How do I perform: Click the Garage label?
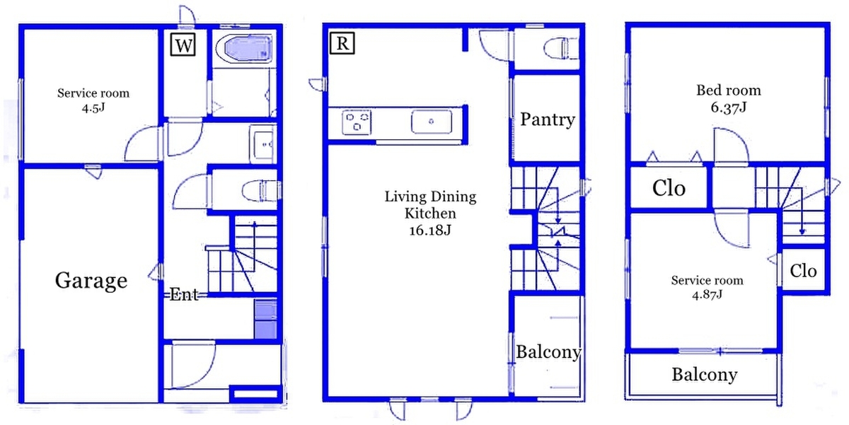[91, 281]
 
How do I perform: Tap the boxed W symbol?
[183, 45]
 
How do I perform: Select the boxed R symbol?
[342, 43]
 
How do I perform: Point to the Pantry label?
[548, 120]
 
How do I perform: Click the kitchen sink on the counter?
[432, 122]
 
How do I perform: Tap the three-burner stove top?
[357, 122]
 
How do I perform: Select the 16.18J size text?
[430, 230]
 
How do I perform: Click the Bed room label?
[729, 91]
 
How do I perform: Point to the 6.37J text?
[729, 107]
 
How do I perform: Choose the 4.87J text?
[707, 294]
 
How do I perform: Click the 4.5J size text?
[93, 108]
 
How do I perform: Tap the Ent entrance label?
[184, 294]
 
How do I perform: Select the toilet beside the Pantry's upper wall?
[561, 49]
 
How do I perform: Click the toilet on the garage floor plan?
[261, 190]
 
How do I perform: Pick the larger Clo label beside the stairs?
[669, 188]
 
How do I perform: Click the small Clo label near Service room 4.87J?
[803, 272]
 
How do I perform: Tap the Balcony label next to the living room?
[548, 352]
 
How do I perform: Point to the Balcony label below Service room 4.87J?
[705, 375]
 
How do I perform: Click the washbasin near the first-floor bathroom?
[263, 144]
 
